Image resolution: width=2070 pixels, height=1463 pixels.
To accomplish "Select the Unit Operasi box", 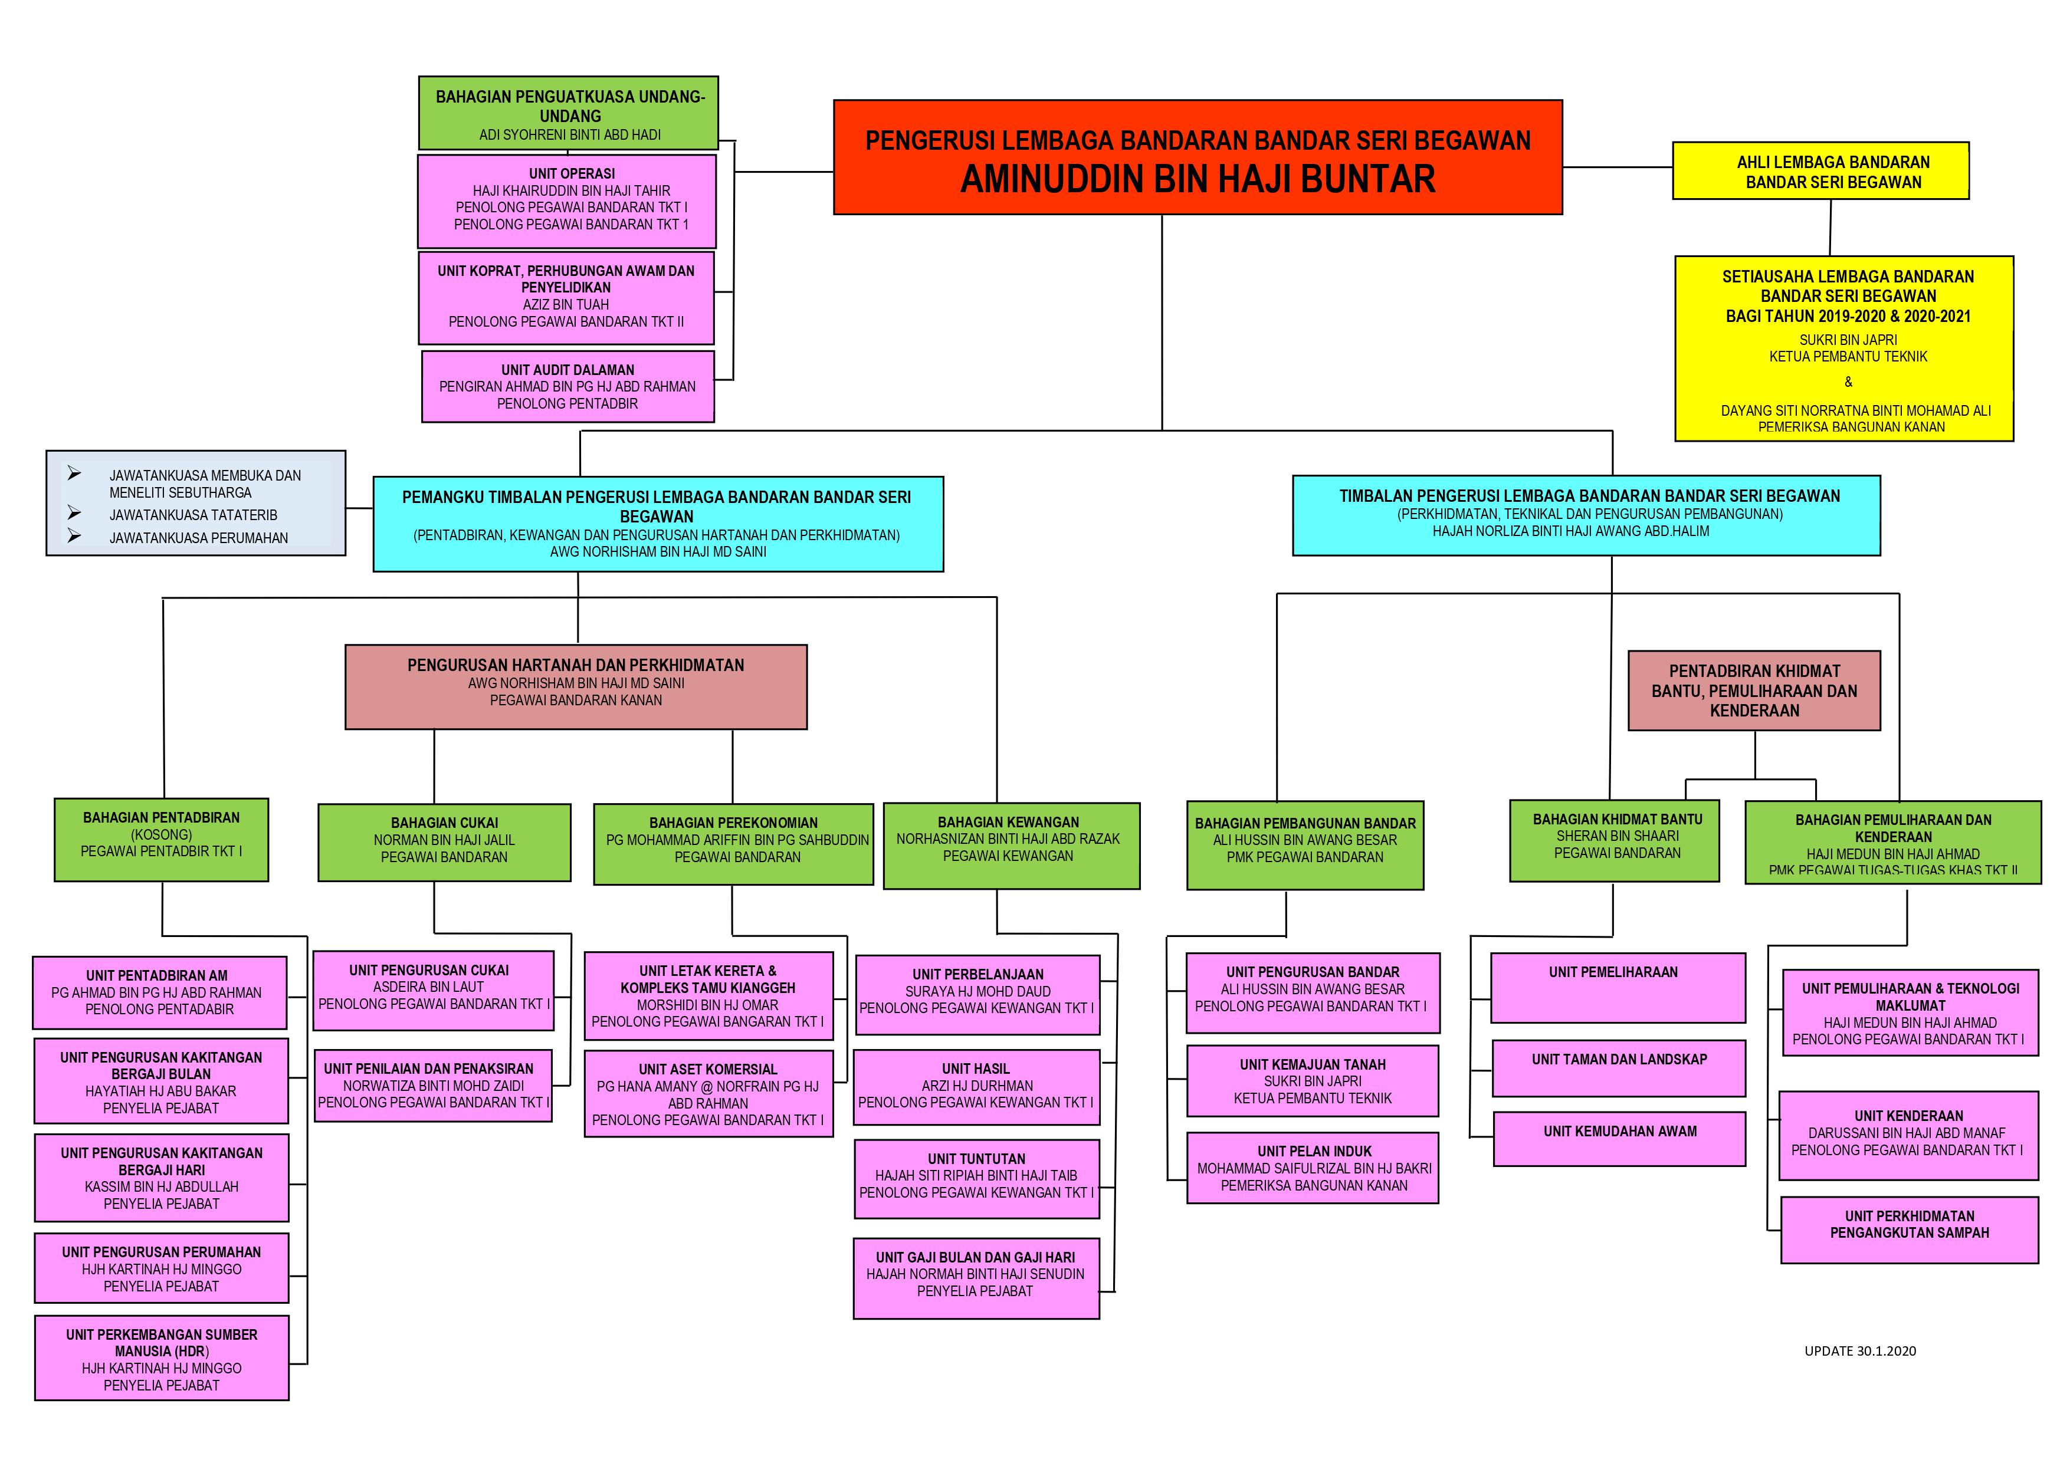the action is [566, 201].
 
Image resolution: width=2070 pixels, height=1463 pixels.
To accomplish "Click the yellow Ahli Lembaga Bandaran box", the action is [1820, 170].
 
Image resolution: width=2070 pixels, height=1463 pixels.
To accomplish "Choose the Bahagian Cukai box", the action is [444, 842].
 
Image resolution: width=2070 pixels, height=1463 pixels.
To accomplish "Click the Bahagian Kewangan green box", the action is [1012, 846].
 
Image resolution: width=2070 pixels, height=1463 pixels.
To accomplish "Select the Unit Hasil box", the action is [976, 1087].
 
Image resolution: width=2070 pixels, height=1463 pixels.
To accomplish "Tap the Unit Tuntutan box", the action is [976, 1179].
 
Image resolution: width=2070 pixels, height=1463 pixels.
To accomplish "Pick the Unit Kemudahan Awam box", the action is [1619, 1139].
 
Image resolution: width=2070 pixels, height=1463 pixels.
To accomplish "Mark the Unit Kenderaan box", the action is [1908, 1136].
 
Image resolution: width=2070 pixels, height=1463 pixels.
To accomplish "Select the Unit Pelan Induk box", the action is [1313, 1168].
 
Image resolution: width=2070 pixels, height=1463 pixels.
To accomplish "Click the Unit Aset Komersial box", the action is [708, 1093].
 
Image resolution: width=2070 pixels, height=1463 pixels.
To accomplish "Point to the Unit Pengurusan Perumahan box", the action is [162, 1268].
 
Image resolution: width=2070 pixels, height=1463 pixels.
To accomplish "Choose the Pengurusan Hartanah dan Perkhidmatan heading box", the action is [576, 687].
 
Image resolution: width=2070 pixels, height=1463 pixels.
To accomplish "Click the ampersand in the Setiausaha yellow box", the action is [1848, 382].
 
